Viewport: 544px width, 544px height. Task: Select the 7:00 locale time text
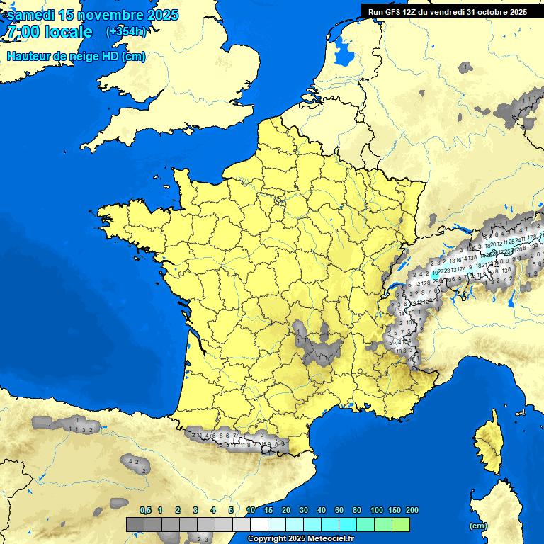[x=50, y=32]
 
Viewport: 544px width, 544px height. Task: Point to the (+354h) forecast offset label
[x=125, y=32]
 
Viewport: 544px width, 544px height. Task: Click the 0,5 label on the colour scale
[x=145, y=510]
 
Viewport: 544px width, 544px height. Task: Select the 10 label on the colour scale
[x=251, y=510]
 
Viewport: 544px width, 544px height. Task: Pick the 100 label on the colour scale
[x=376, y=510]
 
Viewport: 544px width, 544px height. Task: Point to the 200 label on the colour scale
[x=412, y=510]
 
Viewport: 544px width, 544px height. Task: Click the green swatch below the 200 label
[x=401, y=524]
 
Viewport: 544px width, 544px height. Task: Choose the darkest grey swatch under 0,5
[x=135, y=524]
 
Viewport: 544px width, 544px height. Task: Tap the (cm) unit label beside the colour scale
[x=478, y=526]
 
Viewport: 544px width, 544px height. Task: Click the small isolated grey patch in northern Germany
[x=465, y=67]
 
